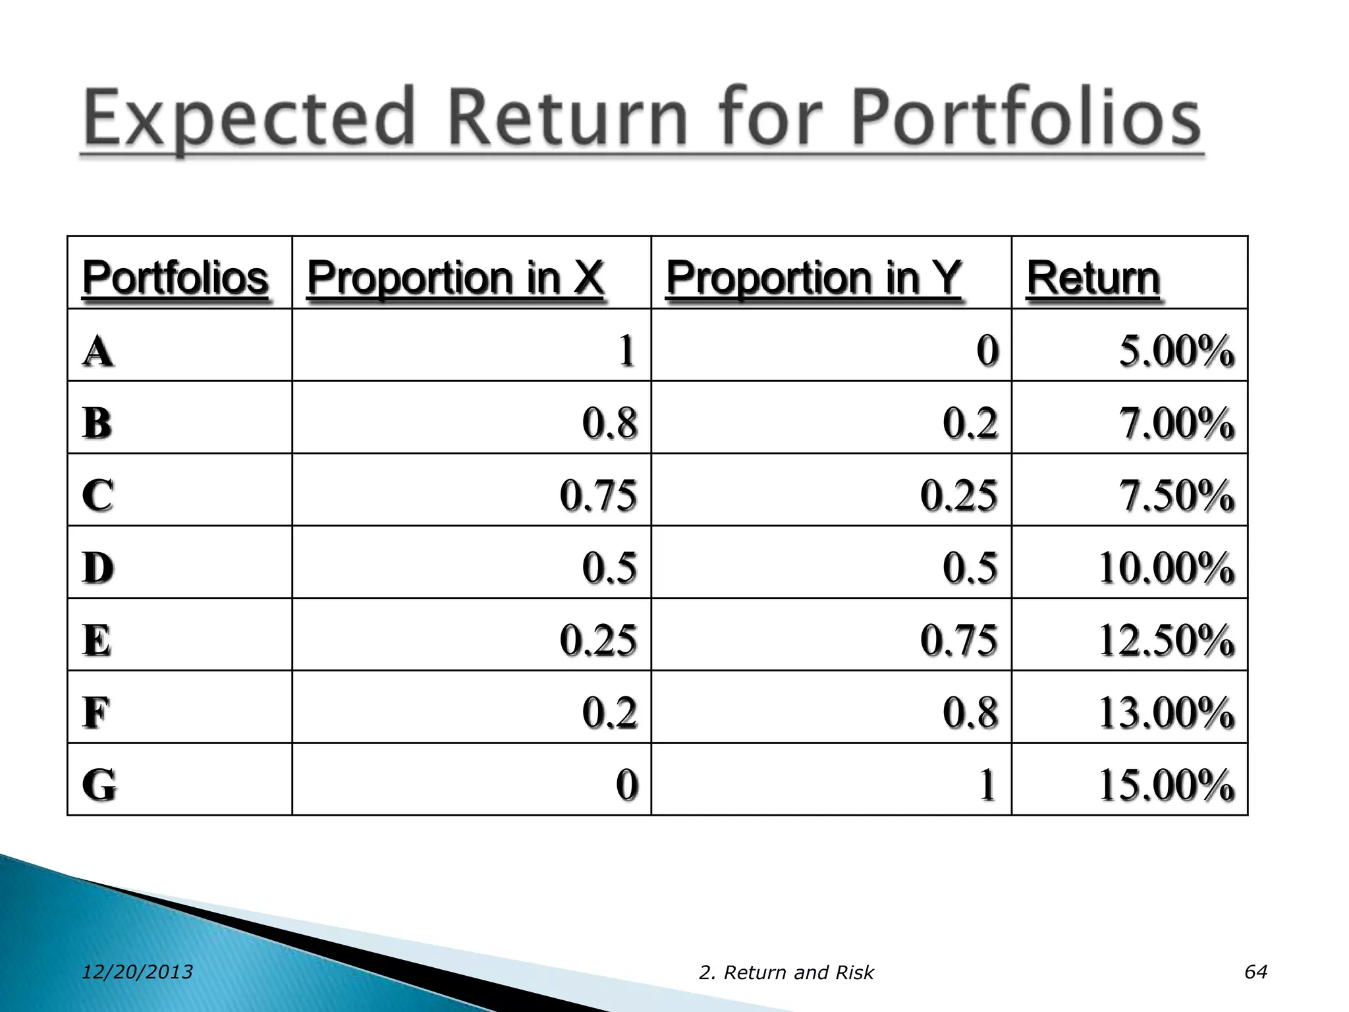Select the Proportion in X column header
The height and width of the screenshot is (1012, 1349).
tap(455, 277)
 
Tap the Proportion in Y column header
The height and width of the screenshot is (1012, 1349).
tap(814, 277)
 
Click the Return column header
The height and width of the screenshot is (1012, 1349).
tap(1093, 278)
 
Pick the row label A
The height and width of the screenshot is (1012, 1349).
tap(97, 351)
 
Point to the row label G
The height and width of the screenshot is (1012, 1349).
tap(99, 785)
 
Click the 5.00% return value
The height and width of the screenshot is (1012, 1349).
tap(1176, 351)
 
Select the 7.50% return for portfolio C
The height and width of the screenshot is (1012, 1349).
tap(1176, 495)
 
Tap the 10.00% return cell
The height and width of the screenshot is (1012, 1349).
tap(1166, 568)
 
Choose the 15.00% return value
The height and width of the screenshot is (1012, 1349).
tap(1166, 785)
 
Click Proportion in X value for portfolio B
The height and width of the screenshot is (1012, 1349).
tap(609, 423)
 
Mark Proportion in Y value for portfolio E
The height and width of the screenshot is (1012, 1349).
tap(958, 640)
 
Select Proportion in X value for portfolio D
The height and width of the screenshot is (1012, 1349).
tap(609, 568)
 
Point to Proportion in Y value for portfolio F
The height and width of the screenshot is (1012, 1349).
tap(970, 713)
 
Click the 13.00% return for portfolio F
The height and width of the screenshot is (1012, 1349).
tap(1166, 713)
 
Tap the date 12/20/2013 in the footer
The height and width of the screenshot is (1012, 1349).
tap(137, 972)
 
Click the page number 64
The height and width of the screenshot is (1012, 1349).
tap(1255, 971)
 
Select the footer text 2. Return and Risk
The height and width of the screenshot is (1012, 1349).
tap(786, 972)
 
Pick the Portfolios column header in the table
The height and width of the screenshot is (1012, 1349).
tap(175, 277)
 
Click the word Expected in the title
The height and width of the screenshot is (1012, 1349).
tap(249, 119)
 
